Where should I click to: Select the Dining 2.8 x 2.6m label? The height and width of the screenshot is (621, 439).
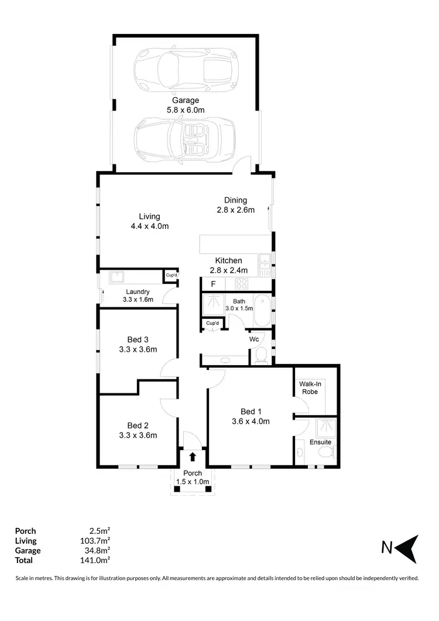(235, 205)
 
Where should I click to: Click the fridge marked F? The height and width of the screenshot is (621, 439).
(213, 284)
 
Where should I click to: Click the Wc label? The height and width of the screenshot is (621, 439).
(255, 339)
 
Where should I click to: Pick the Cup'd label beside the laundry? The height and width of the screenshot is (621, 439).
(172, 275)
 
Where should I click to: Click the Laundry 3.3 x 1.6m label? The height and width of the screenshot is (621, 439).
(138, 296)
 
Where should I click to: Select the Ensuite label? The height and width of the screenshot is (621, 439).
(321, 442)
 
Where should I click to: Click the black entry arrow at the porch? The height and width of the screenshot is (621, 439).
(193, 456)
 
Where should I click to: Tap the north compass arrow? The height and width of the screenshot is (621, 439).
(408, 548)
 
